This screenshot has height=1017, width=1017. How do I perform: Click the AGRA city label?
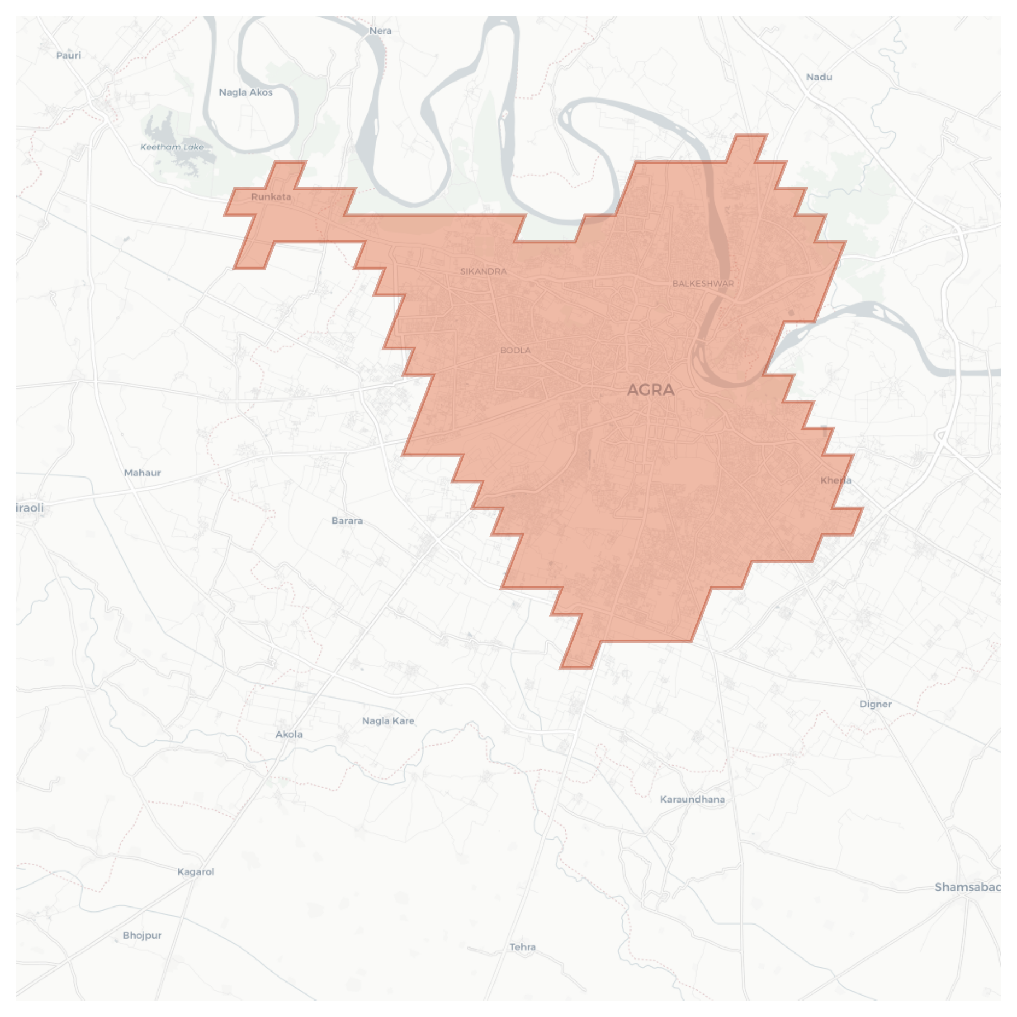(x=650, y=390)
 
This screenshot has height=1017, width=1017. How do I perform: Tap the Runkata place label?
(x=271, y=196)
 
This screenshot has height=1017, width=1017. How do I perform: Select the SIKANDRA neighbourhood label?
(x=483, y=271)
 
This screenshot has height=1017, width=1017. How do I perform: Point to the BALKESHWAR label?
(x=703, y=283)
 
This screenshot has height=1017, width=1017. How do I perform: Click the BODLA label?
(x=515, y=350)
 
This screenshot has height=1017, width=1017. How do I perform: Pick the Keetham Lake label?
(x=172, y=147)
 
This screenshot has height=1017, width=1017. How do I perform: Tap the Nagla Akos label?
(x=246, y=92)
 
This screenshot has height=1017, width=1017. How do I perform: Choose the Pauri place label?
(x=68, y=55)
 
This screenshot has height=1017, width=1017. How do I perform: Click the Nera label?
(x=380, y=31)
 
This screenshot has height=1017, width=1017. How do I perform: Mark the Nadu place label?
(x=819, y=77)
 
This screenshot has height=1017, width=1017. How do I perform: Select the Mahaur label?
(x=142, y=473)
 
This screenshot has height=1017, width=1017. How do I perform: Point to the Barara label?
(x=347, y=520)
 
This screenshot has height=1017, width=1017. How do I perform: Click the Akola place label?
(x=289, y=734)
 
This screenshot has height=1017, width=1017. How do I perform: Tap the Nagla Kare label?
(x=388, y=720)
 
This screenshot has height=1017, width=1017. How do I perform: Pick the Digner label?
(x=875, y=704)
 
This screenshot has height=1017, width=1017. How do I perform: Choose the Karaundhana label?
(x=692, y=799)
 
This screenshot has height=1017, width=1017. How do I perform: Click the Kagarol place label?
(x=196, y=871)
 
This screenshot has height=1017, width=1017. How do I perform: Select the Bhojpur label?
(x=142, y=935)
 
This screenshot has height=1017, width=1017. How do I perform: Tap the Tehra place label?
(x=523, y=947)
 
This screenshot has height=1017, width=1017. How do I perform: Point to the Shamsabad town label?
(x=967, y=887)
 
